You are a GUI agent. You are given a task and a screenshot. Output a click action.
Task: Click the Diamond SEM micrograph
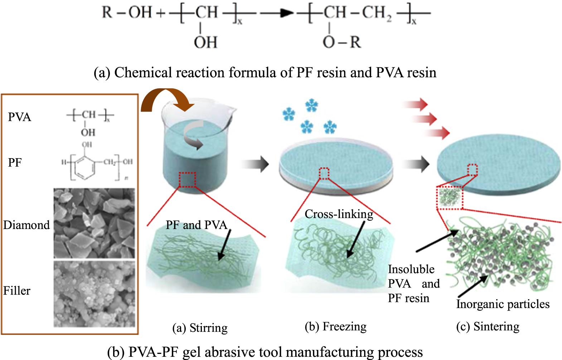94,223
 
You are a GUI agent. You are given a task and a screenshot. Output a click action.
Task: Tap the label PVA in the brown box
20,117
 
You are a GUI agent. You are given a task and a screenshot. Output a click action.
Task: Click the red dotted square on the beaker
187,180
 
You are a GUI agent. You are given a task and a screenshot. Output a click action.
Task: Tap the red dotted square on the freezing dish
324,173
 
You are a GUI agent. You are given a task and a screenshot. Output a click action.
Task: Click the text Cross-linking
339,214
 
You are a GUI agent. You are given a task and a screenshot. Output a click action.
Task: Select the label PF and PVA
196,225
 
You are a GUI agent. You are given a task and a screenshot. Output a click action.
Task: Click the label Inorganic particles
503,304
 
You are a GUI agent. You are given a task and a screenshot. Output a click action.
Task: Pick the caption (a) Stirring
200,328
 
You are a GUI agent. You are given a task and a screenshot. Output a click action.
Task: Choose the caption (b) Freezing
335,327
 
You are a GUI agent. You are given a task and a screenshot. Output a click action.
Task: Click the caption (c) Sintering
488,327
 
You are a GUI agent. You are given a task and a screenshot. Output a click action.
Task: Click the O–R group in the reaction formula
342,43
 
